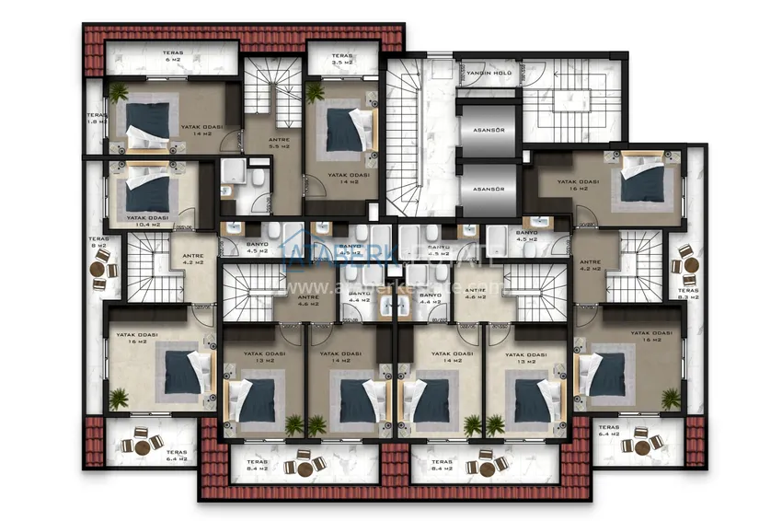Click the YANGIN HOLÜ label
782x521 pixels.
[x=489, y=74]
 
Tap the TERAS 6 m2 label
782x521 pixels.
[x=174, y=57]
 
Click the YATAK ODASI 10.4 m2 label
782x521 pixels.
[x=152, y=221]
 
